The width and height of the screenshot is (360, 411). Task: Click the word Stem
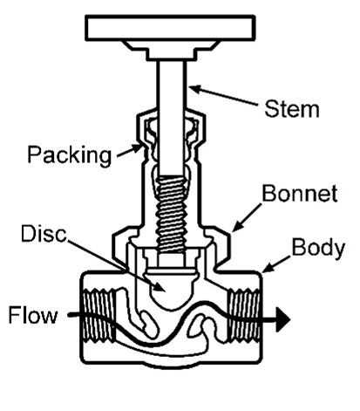click(291, 109)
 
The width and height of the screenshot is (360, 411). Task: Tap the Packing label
click(69, 155)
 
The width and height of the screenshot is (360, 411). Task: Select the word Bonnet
click(300, 193)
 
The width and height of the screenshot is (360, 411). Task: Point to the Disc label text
click(44, 233)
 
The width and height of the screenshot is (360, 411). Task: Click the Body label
click(318, 249)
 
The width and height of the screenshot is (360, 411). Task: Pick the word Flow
click(33, 315)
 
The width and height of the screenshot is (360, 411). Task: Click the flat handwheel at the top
click(170, 28)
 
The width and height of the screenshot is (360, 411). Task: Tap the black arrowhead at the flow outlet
click(282, 319)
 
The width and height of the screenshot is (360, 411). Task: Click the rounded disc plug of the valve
click(172, 290)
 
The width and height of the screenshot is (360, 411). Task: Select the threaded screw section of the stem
click(171, 214)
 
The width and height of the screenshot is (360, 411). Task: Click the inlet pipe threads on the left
click(99, 315)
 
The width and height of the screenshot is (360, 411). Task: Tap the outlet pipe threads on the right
click(243, 315)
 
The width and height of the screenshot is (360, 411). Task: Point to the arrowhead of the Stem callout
click(193, 88)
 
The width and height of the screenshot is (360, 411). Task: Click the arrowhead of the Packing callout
click(139, 147)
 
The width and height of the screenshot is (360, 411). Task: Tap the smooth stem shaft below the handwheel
click(172, 116)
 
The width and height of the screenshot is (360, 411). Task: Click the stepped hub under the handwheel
click(170, 51)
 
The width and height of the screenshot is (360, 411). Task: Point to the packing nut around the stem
click(171, 128)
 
